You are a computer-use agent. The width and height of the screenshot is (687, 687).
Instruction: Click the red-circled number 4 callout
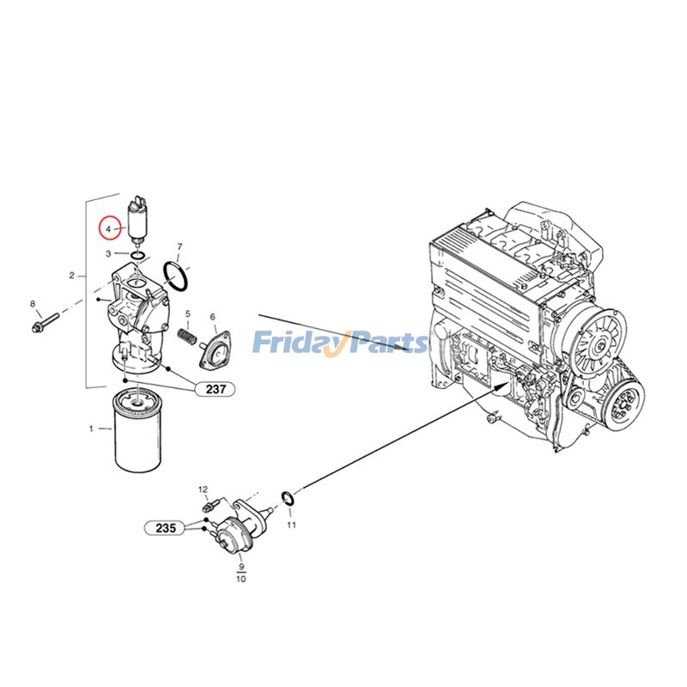pos(108,229)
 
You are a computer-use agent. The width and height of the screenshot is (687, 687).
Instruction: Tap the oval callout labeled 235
pos(166,528)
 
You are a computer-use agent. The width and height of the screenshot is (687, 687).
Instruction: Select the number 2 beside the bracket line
pos(71,277)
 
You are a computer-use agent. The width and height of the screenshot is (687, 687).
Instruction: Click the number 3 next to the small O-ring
pos(109,254)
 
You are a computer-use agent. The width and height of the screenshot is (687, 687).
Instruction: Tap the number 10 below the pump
pos(240,580)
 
